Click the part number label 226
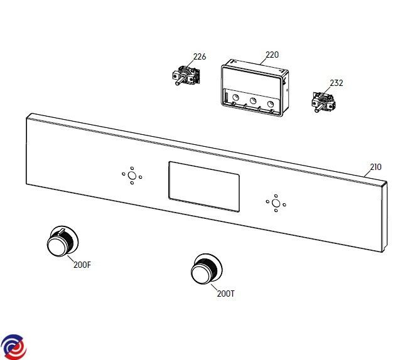(x=200, y=56)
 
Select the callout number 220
(x=272, y=55)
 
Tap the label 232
(x=337, y=83)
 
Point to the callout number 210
(x=375, y=167)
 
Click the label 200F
(x=82, y=265)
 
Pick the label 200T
(x=225, y=294)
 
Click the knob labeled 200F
(x=63, y=241)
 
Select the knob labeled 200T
(x=207, y=269)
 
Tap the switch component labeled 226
(x=186, y=75)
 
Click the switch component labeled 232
(x=323, y=102)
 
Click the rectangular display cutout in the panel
(x=204, y=187)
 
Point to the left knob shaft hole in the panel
(x=132, y=176)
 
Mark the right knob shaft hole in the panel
(x=276, y=203)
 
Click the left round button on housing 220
(x=235, y=98)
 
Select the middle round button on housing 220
(x=253, y=101)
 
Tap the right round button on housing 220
(x=270, y=104)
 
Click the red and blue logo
(x=13, y=347)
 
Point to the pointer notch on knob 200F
(x=61, y=231)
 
